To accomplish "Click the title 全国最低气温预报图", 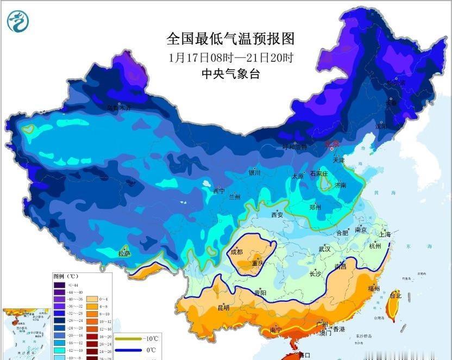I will coord(230,39).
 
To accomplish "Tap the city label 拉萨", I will coord(124,253).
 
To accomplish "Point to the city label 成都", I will coord(237,252).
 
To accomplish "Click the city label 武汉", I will coord(325,249).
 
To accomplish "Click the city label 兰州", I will coord(235,196).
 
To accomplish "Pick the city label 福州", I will coord(373,288).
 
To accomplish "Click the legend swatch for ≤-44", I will coord(58,284).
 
